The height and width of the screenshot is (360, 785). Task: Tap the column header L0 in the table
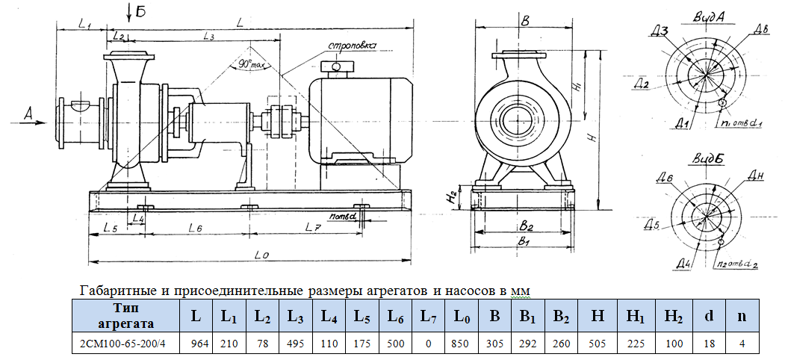pos(462,315)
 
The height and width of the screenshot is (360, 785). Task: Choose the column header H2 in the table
pos(673,315)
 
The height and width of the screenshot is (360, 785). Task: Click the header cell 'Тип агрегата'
pos(125,315)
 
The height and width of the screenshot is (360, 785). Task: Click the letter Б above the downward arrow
pos(140,10)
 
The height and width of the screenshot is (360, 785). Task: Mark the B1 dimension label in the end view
pos(524,243)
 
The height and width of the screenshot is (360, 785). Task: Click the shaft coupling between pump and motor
pos(282,120)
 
